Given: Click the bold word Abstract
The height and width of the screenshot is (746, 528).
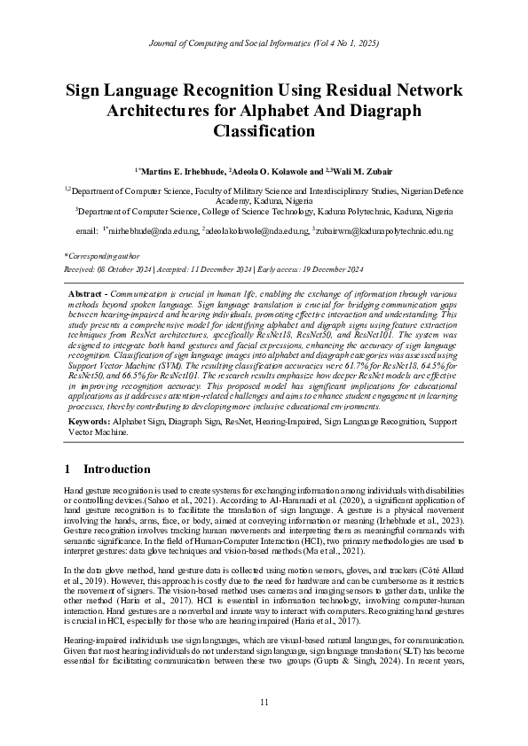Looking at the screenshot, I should [87, 292].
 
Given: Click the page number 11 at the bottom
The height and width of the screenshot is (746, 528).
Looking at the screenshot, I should [264, 703].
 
